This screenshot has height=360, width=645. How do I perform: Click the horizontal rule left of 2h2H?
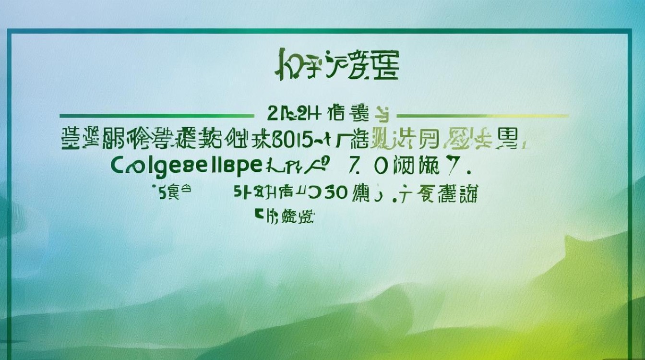point(156,116)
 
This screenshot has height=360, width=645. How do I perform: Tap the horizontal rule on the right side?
point(483,116)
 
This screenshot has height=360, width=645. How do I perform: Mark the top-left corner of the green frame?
point(9,32)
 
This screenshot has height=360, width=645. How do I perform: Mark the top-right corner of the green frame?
point(630,32)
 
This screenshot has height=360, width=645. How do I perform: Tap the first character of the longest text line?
point(72,138)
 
